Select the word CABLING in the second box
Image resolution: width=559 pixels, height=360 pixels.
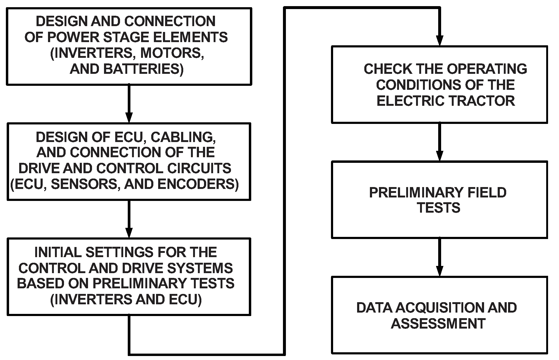pyautogui.click(x=183, y=137)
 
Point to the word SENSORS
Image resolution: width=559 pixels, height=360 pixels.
pyautogui.click(x=84, y=184)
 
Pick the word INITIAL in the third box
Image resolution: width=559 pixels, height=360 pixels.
pyautogui.click(x=58, y=252)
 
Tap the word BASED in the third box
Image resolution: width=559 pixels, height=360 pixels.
pyautogui.click(x=40, y=284)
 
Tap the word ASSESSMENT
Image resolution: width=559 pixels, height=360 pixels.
pyautogui.click(x=438, y=323)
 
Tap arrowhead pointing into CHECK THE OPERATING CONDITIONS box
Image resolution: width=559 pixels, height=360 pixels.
pyautogui.click(x=439, y=41)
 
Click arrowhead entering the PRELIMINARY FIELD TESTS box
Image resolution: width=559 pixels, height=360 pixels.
pyautogui.click(x=439, y=156)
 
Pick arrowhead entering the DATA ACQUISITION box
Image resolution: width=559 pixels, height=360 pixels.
pyautogui.click(x=439, y=271)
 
